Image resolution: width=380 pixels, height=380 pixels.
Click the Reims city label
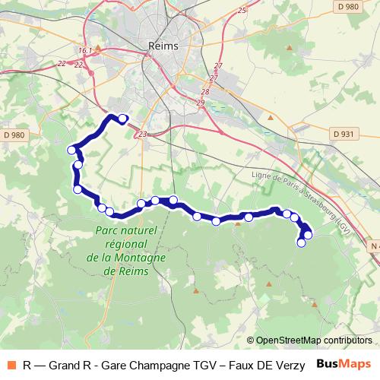tap(165, 46)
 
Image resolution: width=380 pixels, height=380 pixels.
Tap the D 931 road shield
tap(344, 134)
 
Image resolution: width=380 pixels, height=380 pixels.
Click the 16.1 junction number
tap(84, 51)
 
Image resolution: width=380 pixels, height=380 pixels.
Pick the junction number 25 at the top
tap(242, 10)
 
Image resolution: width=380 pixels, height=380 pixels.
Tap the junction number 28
tap(204, 92)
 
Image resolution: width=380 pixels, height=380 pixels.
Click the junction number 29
tap(201, 102)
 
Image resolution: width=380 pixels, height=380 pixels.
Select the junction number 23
tap(143, 135)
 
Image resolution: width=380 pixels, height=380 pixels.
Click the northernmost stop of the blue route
tap(122, 118)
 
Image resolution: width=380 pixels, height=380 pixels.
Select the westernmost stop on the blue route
tap(72, 150)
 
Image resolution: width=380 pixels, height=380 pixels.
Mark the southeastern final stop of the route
tap(301, 243)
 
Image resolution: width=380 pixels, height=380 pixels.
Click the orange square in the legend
tap(11, 364)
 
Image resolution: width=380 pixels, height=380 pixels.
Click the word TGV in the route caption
tap(202, 364)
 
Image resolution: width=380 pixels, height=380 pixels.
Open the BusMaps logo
tap(344, 363)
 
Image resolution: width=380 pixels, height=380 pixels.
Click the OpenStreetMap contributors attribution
tap(314, 340)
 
